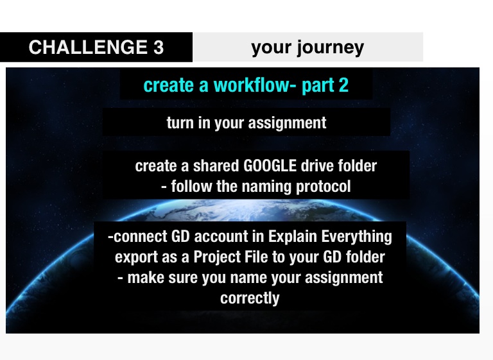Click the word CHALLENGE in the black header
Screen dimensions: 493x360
click(88, 47)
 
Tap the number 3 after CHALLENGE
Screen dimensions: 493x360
click(159, 47)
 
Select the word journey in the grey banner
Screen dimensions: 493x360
click(331, 48)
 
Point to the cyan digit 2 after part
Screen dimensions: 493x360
click(343, 85)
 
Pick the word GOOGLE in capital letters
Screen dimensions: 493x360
click(270, 166)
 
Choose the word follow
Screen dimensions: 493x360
click(191, 186)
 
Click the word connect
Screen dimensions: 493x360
click(140, 236)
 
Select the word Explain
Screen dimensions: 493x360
click(293, 237)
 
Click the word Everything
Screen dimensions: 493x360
click(356, 237)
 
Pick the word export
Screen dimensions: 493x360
click(136, 257)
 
